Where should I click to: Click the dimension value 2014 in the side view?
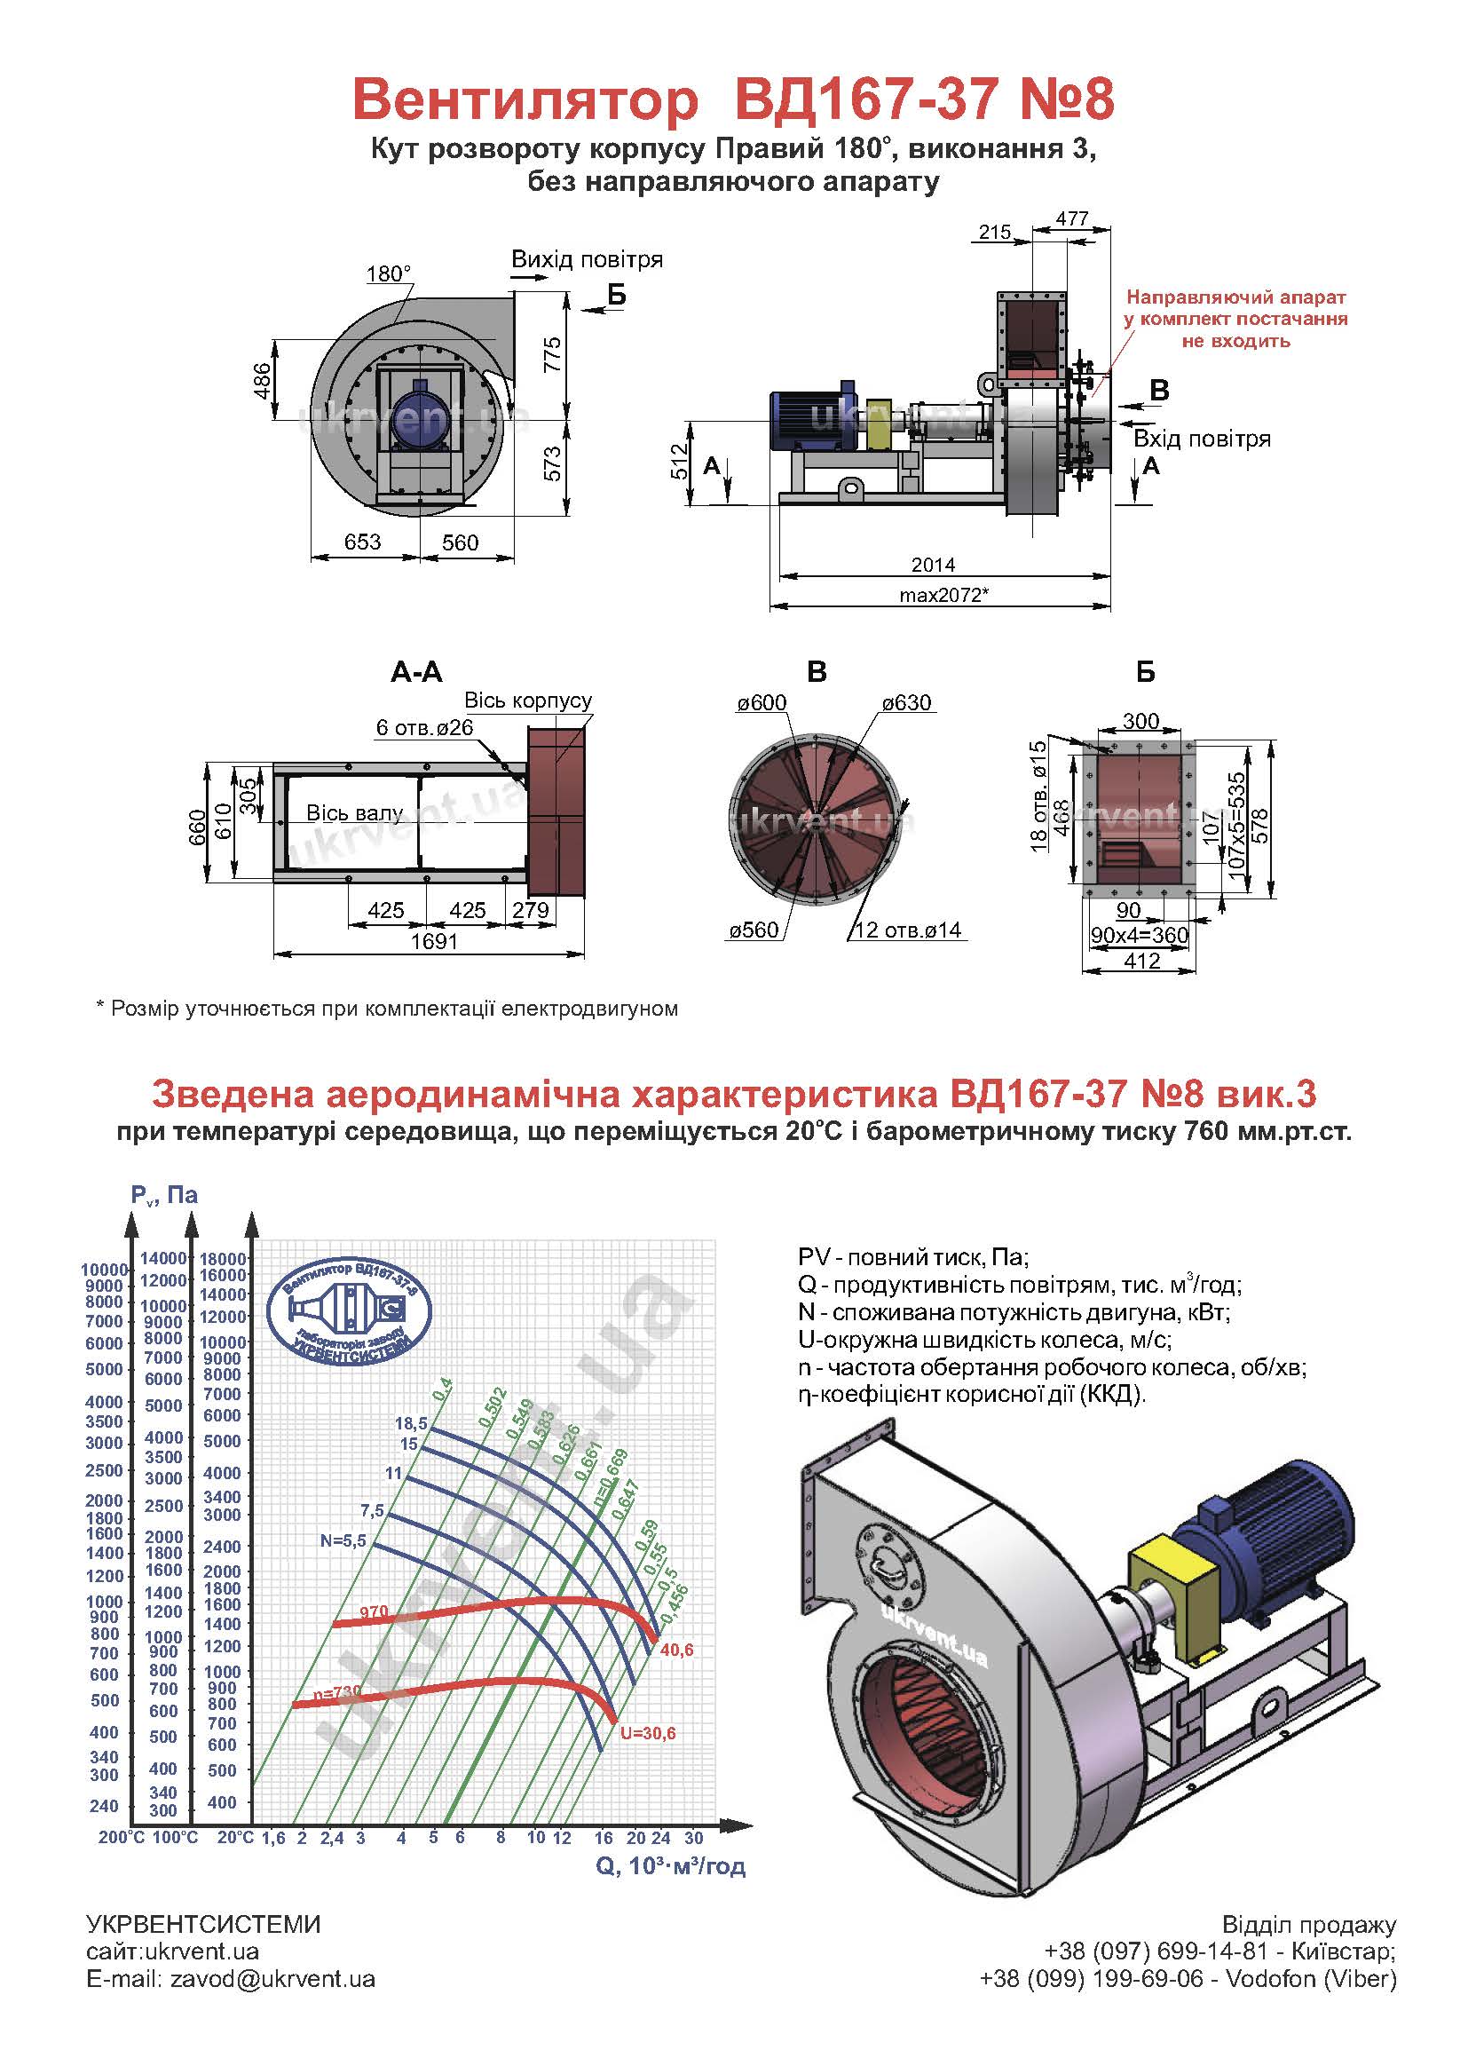pyautogui.click(x=933, y=565)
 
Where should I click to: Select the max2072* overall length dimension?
pyautogui.click(x=943, y=596)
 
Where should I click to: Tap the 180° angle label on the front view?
pyautogui.click(x=389, y=274)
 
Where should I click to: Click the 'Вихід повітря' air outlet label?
pyautogui.click(x=587, y=259)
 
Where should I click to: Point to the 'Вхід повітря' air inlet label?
pyautogui.click(x=1203, y=439)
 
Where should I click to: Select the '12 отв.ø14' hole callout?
pyautogui.click(x=908, y=930)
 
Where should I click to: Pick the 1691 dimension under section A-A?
pyautogui.click(x=434, y=941)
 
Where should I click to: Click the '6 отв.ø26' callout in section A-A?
pyautogui.click(x=425, y=728)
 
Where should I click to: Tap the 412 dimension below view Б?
pyautogui.click(x=1141, y=962)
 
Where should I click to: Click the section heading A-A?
pyautogui.click(x=417, y=672)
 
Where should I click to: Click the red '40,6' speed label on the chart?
pyautogui.click(x=677, y=1650)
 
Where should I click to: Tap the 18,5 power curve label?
pyautogui.click(x=411, y=1423)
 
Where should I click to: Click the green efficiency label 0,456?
pyautogui.click(x=675, y=1605)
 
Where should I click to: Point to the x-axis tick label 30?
pyautogui.click(x=693, y=1838)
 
